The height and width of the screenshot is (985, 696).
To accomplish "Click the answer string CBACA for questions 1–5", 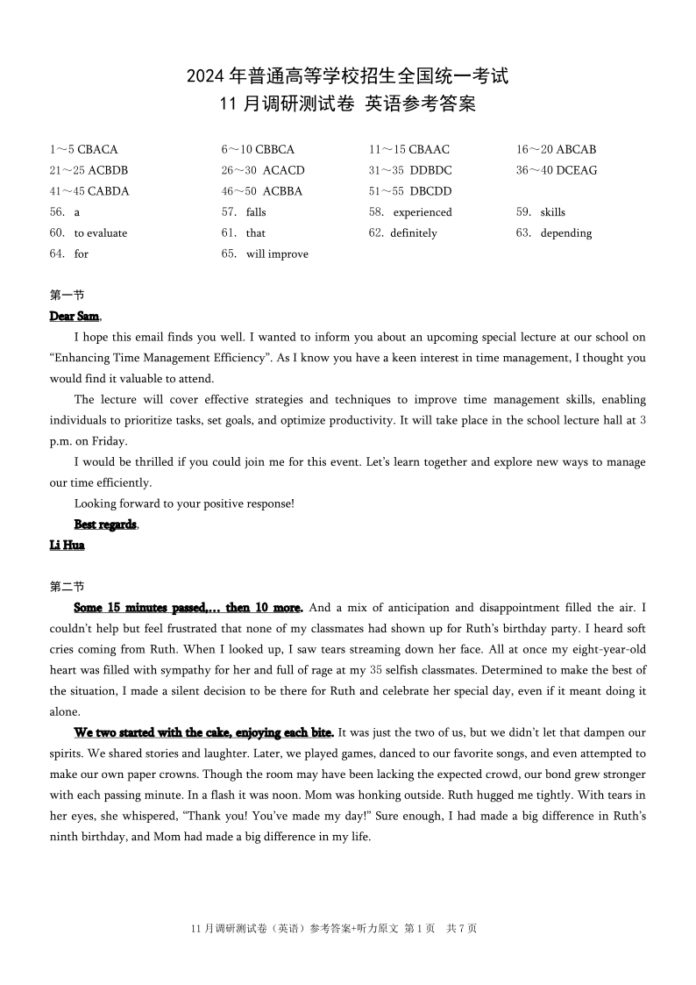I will [x=97, y=150].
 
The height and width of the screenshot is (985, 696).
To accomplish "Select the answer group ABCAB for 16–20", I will [x=576, y=150].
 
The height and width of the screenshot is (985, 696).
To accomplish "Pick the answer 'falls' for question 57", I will [x=256, y=212].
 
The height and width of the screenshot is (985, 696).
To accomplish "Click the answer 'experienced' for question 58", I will [x=423, y=212].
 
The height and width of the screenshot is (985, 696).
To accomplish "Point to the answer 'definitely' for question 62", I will [x=414, y=233].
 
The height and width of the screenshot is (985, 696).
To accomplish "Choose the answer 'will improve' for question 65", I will [x=277, y=254].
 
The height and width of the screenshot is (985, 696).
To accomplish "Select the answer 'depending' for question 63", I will [x=566, y=233].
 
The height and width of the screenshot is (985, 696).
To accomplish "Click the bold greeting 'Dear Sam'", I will [x=75, y=316].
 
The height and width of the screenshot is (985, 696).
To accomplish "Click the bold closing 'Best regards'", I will [x=105, y=525].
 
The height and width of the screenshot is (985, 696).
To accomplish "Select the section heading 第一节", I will [x=67, y=296].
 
